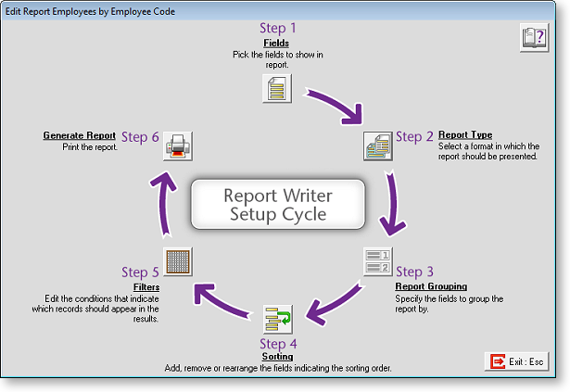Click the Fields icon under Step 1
click(x=278, y=89)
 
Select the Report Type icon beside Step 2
click(x=378, y=145)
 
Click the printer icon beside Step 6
click(x=178, y=145)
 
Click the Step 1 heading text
click(x=278, y=29)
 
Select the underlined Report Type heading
click(x=464, y=135)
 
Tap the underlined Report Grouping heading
click(x=431, y=286)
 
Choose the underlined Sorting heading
click(x=277, y=357)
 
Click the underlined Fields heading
click(x=276, y=43)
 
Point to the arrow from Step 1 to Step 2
click(x=334, y=104)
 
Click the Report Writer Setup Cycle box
click(x=277, y=205)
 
